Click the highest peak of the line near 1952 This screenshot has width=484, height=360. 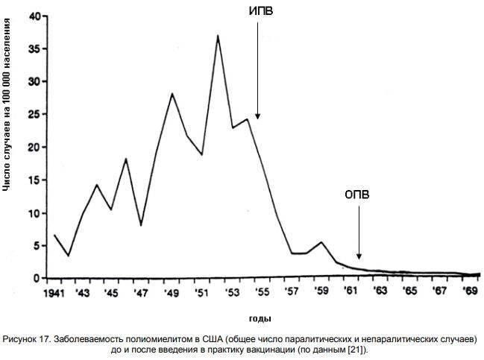[x=218, y=36]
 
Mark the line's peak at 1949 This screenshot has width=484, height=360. [x=172, y=94]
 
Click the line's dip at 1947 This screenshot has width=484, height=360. [x=141, y=224]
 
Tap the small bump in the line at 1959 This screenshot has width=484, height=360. [x=321, y=242]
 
